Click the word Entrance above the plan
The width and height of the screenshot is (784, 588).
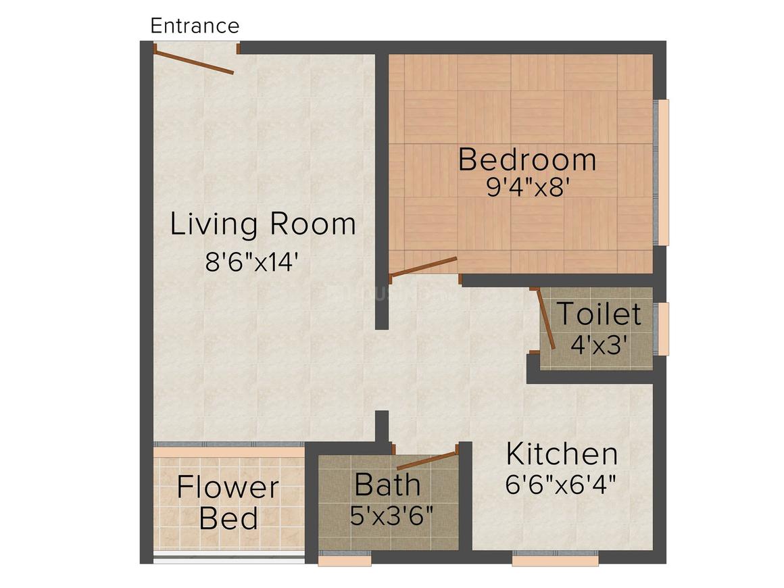click(195, 26)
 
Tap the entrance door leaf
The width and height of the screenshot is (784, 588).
click(194, 62)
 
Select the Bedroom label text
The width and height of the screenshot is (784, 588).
click(527, 160)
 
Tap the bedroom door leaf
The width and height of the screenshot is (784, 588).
click(424, 267)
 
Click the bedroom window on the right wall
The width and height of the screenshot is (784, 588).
click(664, 172)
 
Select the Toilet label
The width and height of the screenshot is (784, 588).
click(598, 315)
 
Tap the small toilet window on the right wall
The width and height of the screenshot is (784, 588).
click(664, 329)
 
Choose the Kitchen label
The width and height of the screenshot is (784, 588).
click(562, 455)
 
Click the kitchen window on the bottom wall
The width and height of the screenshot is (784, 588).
click(555, 560)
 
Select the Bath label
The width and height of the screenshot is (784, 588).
click(387, 485)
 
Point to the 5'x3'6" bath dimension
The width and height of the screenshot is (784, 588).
click(391, 516)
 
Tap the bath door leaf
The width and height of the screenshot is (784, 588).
click(427, 460)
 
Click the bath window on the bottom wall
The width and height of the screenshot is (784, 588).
click(345, 560)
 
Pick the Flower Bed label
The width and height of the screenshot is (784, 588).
click(228, 504)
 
